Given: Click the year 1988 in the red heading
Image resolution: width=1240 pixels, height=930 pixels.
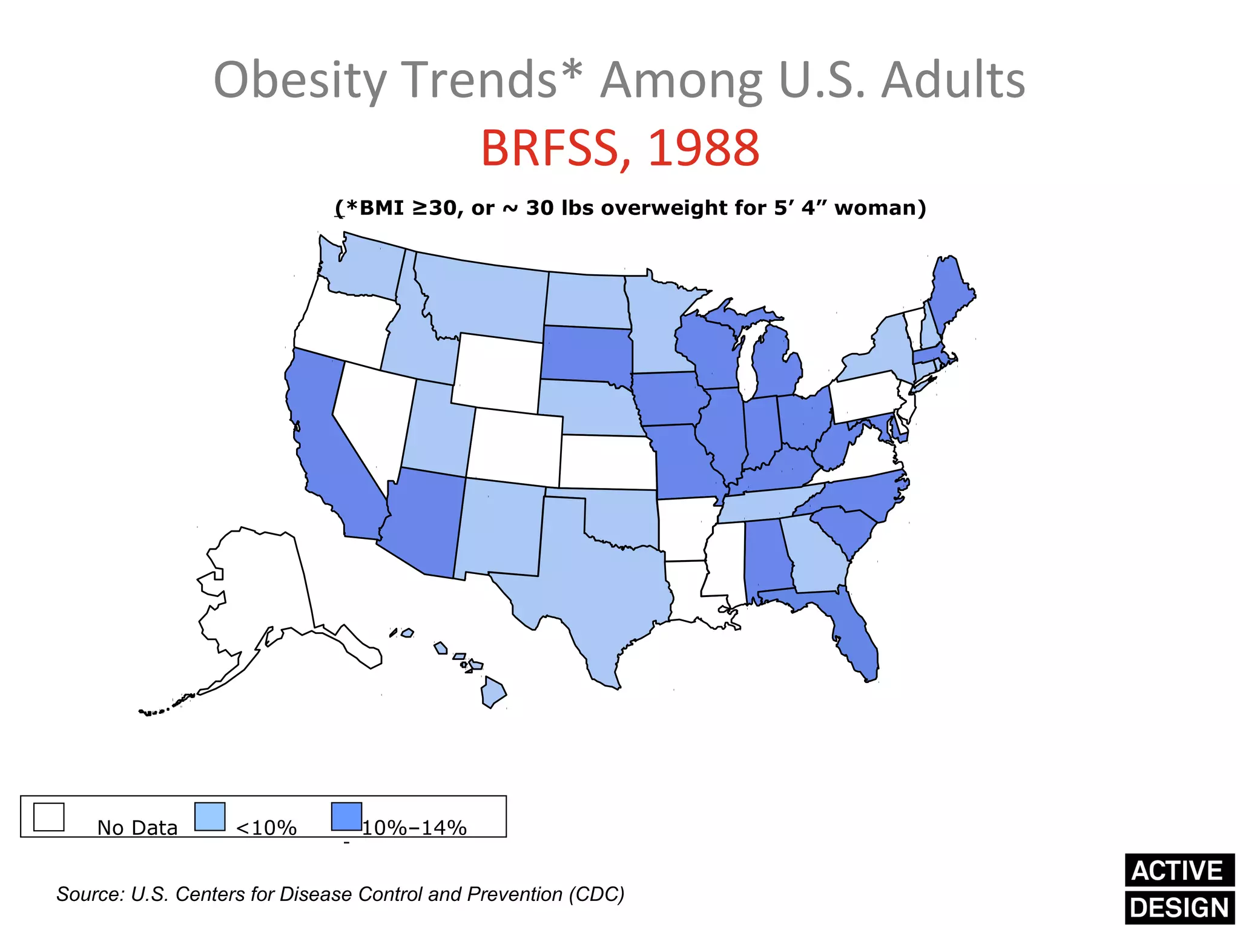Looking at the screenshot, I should click(704, 148).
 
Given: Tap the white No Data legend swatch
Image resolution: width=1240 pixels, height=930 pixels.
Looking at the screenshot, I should click(48, 817).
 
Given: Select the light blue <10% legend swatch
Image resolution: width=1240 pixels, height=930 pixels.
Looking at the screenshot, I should click(210, 817).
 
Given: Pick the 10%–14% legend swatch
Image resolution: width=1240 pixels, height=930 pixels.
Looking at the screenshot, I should click(346, 817).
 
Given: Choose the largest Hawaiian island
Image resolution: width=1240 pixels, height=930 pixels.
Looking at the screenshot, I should click(493, 693).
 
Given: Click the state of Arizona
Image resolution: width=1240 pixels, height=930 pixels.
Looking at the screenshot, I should click(424, 521).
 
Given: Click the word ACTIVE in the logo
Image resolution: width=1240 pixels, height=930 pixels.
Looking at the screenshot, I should click(1178, 871).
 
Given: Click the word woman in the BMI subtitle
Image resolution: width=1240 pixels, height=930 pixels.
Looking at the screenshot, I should click(879, 208).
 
